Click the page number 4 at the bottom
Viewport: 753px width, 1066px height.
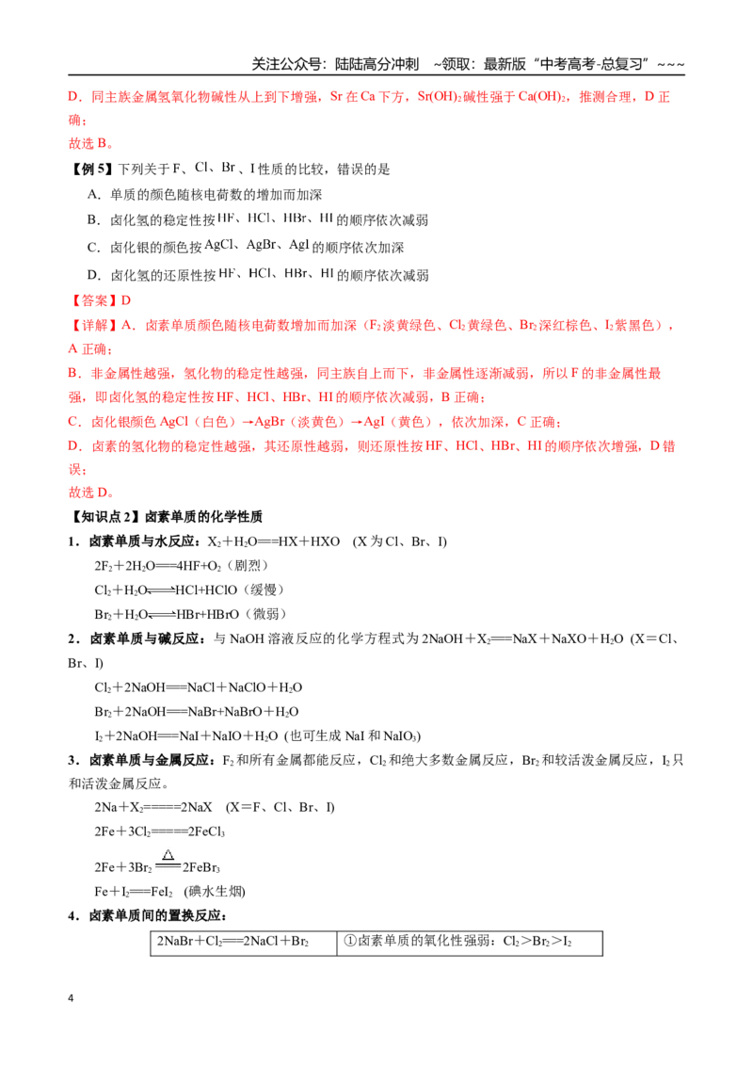[x=71, y=998]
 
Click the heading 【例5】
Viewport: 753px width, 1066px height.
[x=91, y=169]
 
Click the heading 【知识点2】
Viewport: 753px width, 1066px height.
[x=104, y=517]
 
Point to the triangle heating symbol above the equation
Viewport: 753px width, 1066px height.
[x=168, y=854]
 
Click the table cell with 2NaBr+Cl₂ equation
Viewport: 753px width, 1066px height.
[x=243, y=943]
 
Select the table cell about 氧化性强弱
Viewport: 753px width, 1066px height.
[x=470, y=943]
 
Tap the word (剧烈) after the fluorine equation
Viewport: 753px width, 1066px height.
[x=248, y=566]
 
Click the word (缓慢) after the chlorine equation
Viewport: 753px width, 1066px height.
[x=264, y=590]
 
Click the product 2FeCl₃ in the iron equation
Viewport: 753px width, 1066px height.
[x=202, y=832]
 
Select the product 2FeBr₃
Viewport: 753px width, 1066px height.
[x=201, y=867]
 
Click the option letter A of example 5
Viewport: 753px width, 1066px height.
[x=93, y=194]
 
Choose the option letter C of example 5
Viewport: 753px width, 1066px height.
[x=93, y=248]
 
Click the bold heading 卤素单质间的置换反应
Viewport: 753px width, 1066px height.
[x=155, y=915]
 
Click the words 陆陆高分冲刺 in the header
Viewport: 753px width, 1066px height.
[x=377, y=65]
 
